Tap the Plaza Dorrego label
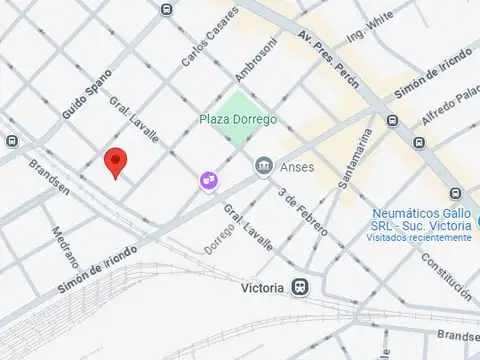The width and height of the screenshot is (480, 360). [237, 120]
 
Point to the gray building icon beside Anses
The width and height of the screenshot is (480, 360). [264, 165]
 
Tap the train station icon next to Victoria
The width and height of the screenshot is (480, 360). [300, 287]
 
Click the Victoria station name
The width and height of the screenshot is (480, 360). [263, 288]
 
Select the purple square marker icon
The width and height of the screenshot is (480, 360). [208, 180]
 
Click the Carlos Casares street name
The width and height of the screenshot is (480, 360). [209, 38]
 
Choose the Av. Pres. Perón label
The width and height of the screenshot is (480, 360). [328, 60]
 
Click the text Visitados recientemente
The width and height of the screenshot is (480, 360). [418, 238]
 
